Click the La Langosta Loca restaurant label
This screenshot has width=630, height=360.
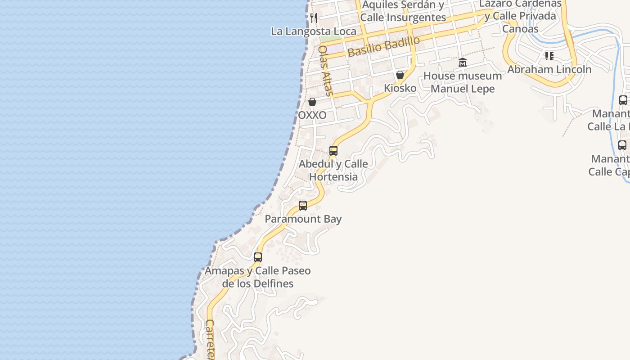coord(314,31)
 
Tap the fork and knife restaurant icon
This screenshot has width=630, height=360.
coord(314,18)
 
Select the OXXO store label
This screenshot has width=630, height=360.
coord(312,115)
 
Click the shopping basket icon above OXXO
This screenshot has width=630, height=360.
coord(312,102)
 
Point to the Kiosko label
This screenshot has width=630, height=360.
coord(400,88)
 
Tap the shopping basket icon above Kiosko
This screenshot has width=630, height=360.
coord(400,75)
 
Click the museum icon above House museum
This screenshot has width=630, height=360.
coord(463,63)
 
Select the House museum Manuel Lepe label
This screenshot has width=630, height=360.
coord(463,82)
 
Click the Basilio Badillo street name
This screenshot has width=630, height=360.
coord(383,47)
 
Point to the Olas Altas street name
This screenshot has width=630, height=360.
coord(325,71)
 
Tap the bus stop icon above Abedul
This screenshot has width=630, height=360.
coord(333,151)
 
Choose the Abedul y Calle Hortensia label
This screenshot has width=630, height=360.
coord(333,170)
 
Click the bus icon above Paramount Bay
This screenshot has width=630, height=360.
coord(303,206)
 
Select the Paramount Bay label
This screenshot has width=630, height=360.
coord(303,219)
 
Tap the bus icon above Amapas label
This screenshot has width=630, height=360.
coord(258,257)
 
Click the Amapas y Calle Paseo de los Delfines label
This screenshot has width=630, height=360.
coord(258,277)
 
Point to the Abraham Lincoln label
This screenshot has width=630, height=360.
coord(549,69)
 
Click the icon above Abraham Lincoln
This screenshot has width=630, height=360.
coord(549,56)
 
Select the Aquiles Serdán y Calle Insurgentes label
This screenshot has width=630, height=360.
coord(403,11)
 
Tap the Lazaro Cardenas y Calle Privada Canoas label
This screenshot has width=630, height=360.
coord(520,16)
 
